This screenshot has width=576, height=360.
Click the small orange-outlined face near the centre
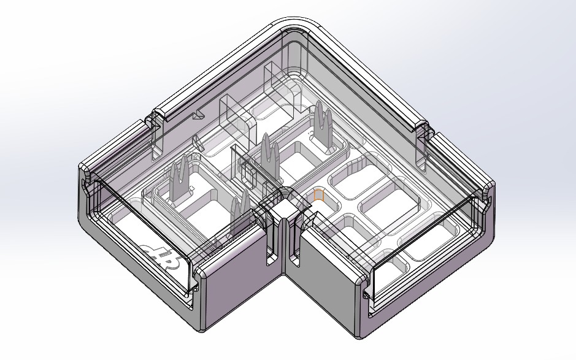(x=318, y=195)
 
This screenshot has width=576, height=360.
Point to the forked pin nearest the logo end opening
(x=179, y=178)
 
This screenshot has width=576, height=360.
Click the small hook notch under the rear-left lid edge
(x=198, y=115)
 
